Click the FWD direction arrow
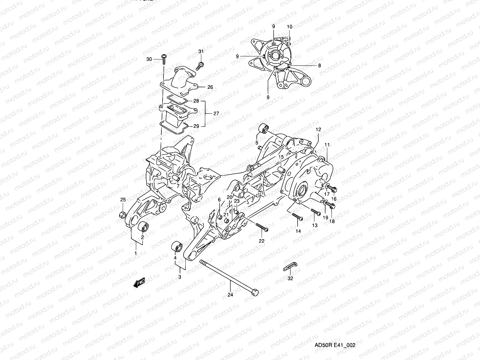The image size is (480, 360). pyautogui.click(x=139, y=283)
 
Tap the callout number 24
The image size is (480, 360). pyautogui.click(x=230, y=295)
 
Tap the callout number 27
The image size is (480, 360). pyautogui.click(x=216, y=114)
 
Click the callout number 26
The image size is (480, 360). pyautogui.click(x=210, y=87)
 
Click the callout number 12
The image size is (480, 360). pyautogui.click(x=318, y=130)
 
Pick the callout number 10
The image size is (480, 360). pyautogui.click(x=289, y=27)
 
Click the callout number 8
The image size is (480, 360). pyautogui.click(x=319, y=65)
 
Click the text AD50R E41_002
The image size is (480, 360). pyautogui.click(x=334, y=345)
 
